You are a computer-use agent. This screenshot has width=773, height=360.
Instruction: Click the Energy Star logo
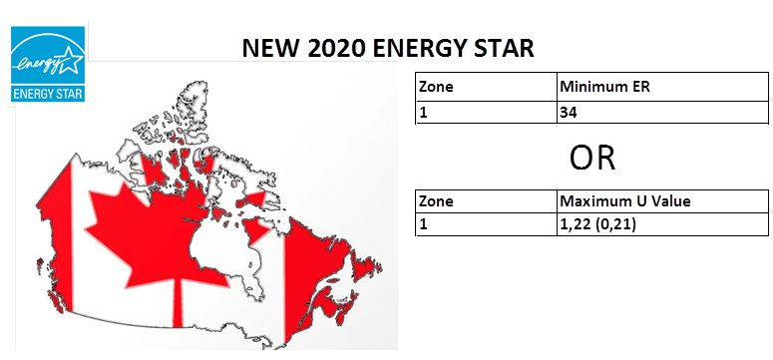point(47,66)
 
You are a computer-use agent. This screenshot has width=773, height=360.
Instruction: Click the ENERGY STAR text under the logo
point(47,95)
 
